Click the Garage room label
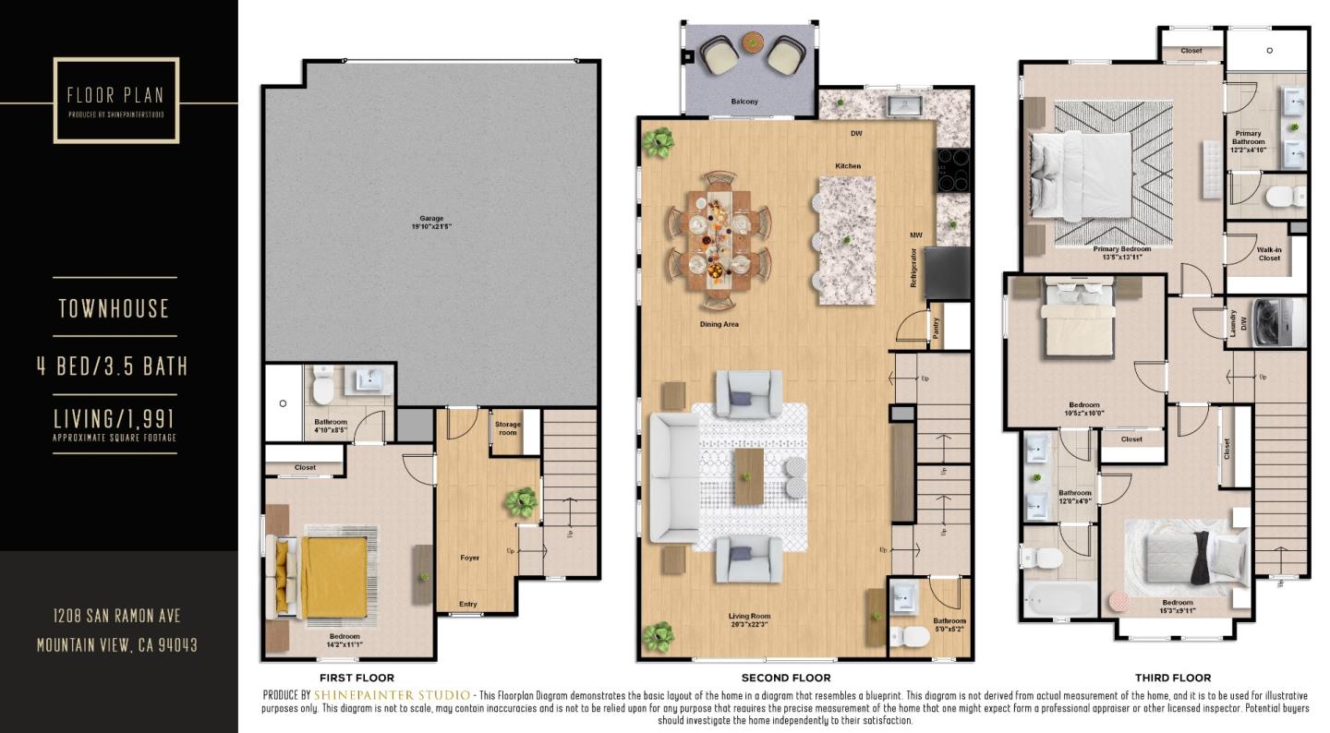(431, 222)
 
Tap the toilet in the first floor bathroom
(322, 388)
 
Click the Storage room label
(508, 428)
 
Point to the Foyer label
(470, 558)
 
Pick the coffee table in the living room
(748, 475)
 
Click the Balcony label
(744, 102)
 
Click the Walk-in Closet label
(1269, 254)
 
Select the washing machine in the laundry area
(1279, 316)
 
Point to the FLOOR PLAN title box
(116, 100)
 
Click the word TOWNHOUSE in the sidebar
(115, 308)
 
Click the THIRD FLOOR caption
(1172, 678)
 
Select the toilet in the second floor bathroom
(913, 636)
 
